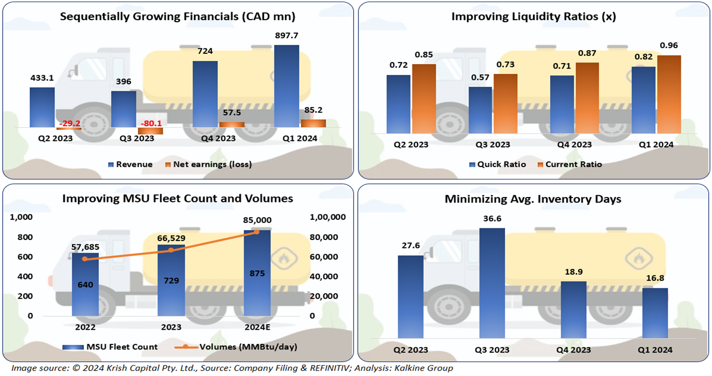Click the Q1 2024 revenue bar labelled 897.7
click(286, 86)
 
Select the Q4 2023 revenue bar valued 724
click(205, 94)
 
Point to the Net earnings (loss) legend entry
click(208, 165)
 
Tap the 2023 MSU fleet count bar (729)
click(170, 280)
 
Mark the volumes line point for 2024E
click(257, 232)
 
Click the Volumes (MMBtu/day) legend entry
click(236, 347)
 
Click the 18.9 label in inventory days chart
click(573, 271)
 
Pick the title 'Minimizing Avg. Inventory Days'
click(533, 199)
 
